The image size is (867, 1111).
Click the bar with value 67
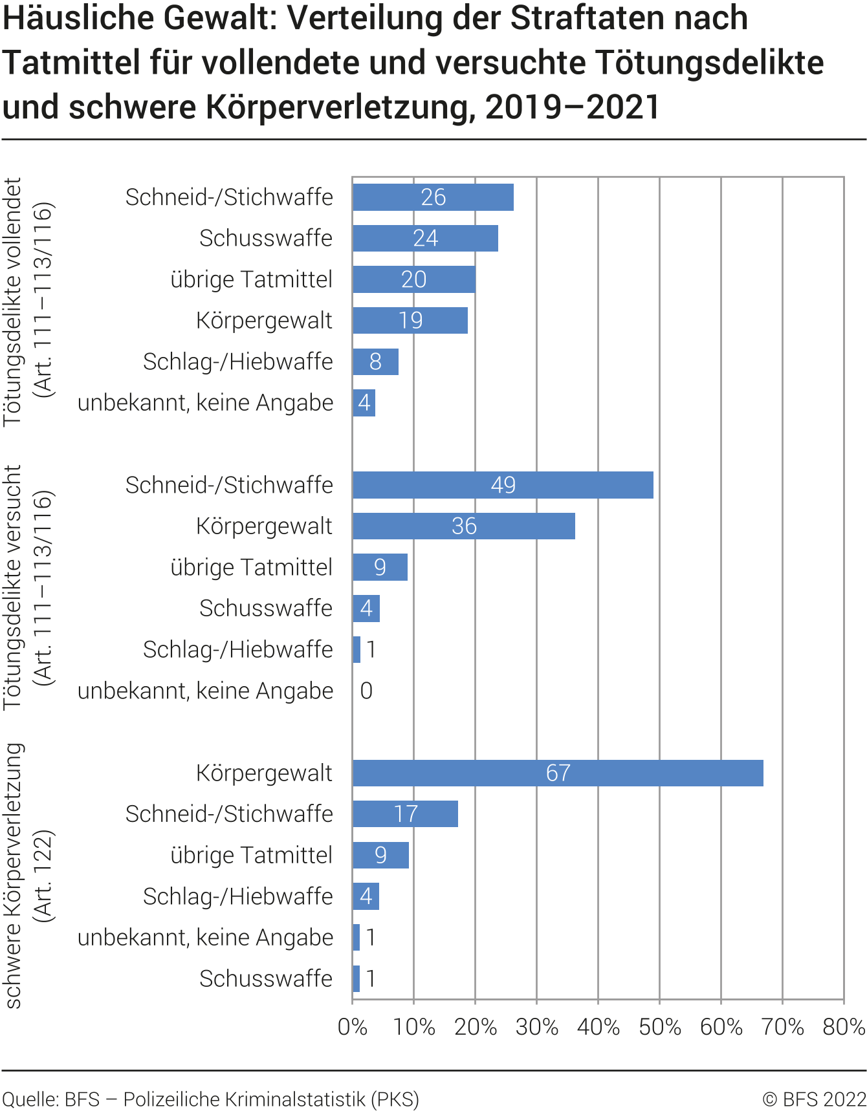(x=558, y=773)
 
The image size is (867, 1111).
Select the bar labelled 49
(x=503, y=485)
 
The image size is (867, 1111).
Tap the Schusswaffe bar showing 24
(x=425, y=239)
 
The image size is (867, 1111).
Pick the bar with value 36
(x=463, y=526)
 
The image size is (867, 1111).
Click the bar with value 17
(x=405, y=814)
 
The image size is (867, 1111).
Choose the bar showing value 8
(x=375, y=361)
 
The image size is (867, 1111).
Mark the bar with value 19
(x=410, y=320)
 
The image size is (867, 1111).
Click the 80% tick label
(x=843, y=1027)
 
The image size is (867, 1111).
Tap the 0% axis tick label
(x=353, y=1027)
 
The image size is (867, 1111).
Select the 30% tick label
(x=536, y=1027)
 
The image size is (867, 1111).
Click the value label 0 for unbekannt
(x=366, y=691)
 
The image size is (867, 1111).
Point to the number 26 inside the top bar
(x=433, y=197)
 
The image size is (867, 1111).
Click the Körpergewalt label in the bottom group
(x=264, y=773)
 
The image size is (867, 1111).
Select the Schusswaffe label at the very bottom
(x=265, y=978)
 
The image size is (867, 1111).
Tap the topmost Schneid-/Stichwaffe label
(x=229, y=197)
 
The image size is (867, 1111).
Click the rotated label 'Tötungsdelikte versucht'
(x=13, y=587)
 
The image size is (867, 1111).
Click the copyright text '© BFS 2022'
(x=813, y=1099)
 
